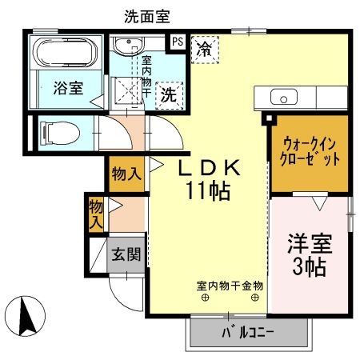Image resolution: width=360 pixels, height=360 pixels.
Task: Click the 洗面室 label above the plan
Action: (x=147, y=15)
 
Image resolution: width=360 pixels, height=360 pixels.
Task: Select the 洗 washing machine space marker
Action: (x=170, y=93)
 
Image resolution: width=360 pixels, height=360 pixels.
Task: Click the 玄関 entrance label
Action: (x=126, y=256)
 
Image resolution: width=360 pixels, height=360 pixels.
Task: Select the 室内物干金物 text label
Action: (x=230, y=285)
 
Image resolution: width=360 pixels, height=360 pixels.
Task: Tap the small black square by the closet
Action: (x=268, y=120)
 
